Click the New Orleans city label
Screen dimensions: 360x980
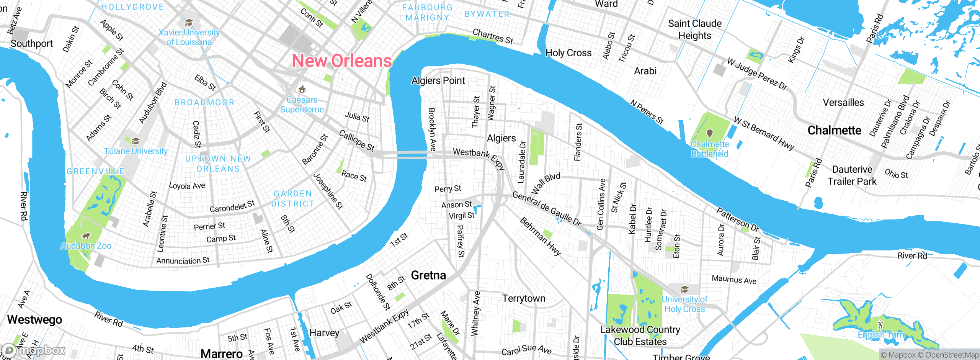point(342,61)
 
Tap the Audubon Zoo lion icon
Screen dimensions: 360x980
point(86,236)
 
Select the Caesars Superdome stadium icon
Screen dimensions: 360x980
point(302,89)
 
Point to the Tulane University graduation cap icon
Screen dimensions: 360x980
point(136,141)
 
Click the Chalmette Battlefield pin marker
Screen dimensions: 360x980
point(710,133)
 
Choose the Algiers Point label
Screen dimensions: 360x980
point(438,81)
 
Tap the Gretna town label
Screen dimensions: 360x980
point(428,275)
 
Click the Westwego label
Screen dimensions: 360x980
point(34,319)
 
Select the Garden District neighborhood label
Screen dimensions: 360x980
point(293,199)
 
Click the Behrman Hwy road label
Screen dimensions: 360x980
point(540,236)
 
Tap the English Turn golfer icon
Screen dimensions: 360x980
point(880,324)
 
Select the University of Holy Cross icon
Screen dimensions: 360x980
point(684,289)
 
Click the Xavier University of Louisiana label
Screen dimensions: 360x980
point(189,37)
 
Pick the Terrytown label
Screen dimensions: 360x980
point(524,298)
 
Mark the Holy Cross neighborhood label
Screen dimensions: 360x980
point(568,53)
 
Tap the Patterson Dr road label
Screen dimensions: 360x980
point(737,219)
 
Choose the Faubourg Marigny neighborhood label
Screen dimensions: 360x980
point(427,13)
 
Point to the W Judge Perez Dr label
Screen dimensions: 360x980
point(757,74)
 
